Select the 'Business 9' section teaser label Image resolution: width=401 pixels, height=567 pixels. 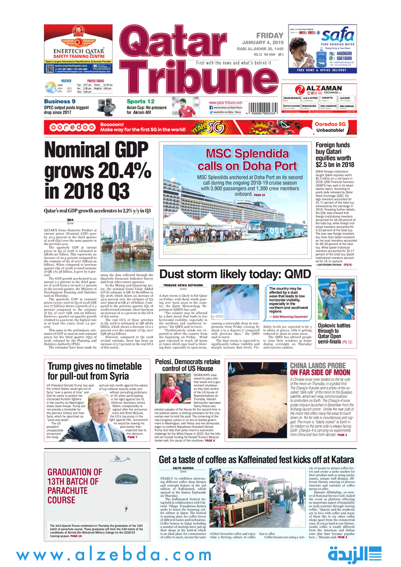click(x=60, y=101)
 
